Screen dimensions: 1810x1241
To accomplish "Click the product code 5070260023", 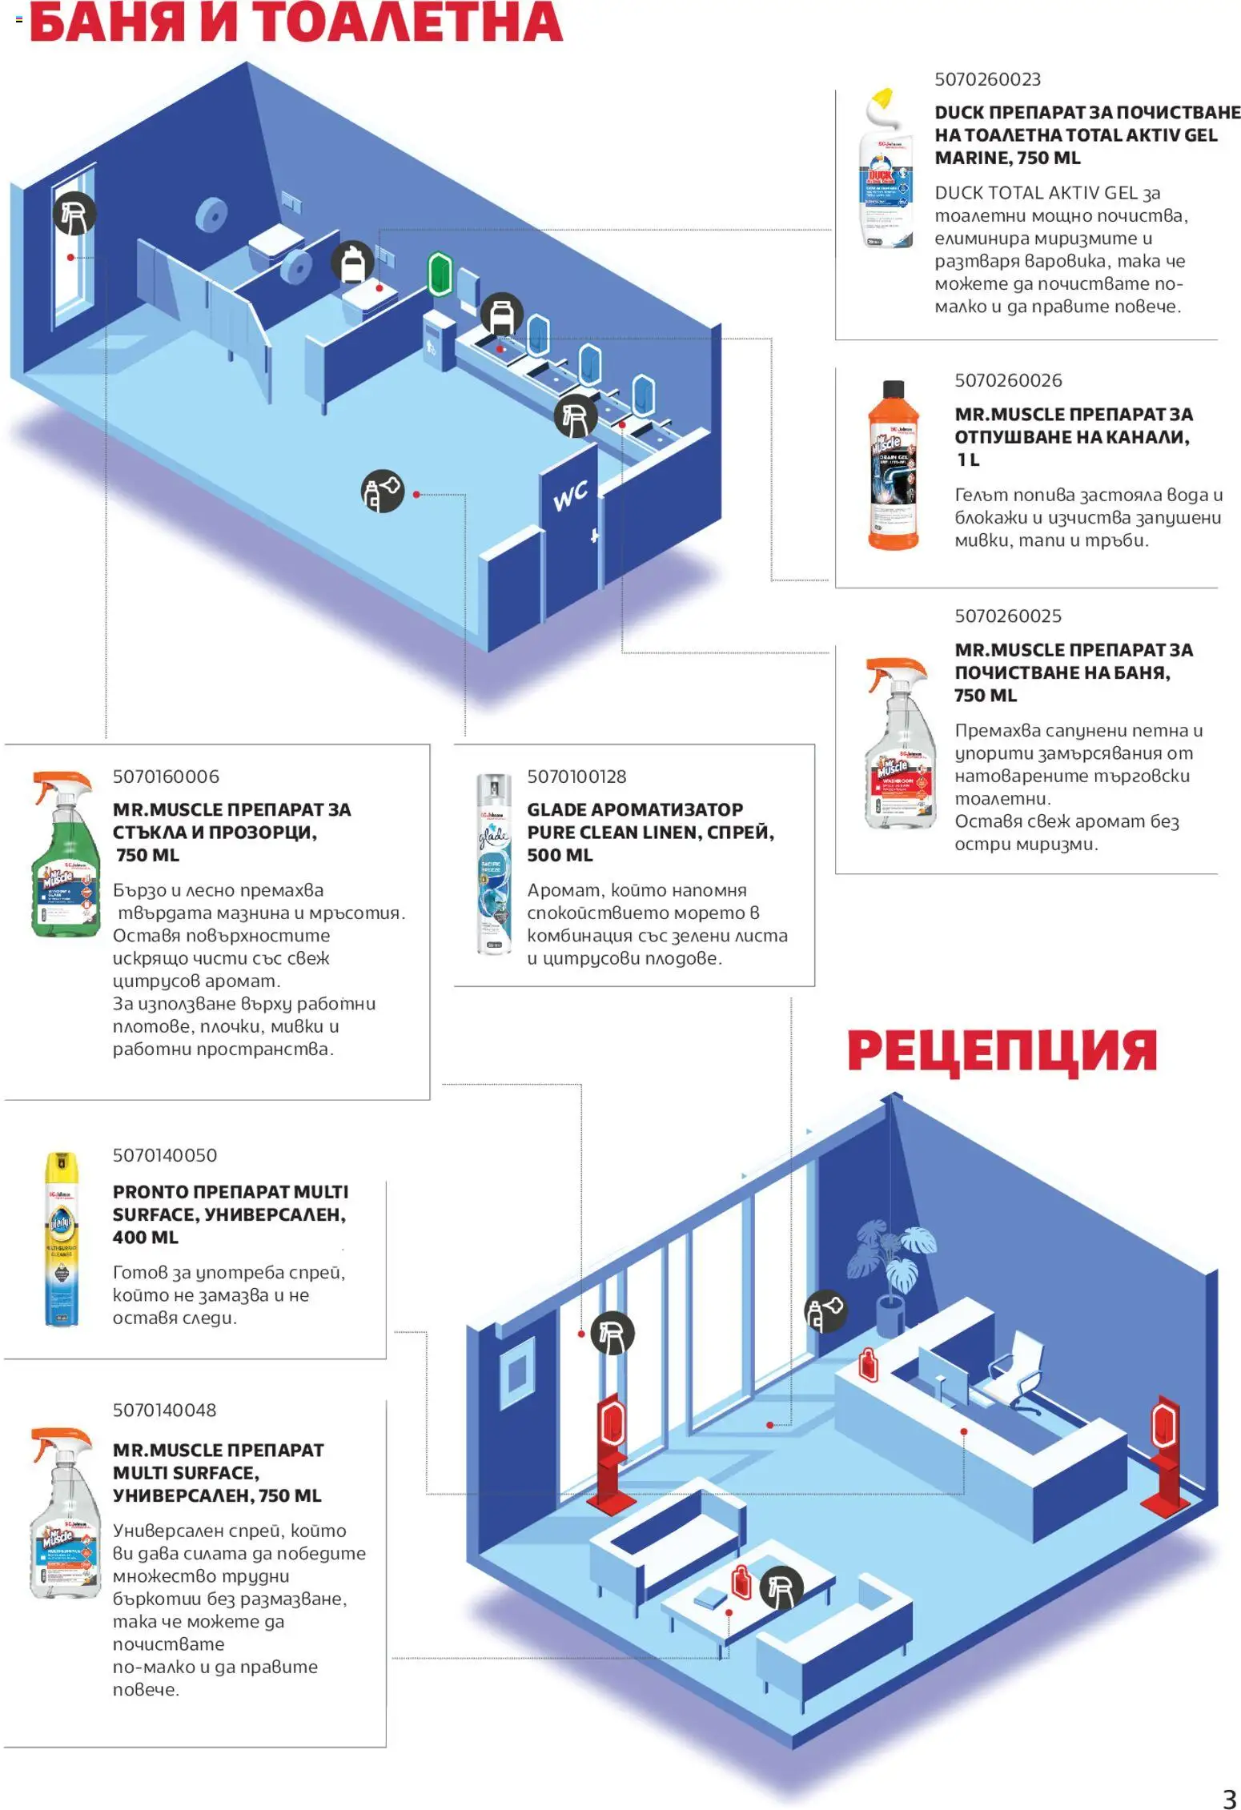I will click(987, 79).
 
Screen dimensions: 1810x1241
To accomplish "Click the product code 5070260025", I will click(1007, 616).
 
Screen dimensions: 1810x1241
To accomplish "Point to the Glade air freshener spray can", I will click(493, 864).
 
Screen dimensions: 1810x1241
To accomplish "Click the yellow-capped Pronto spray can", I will click(62, 1239).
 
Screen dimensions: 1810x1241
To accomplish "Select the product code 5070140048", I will click(164, 1410).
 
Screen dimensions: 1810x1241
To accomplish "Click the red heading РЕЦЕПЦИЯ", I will click(1002, 1050).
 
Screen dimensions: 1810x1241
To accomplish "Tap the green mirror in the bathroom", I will click(440, 273).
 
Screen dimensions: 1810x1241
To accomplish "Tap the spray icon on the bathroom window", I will click(74, 213).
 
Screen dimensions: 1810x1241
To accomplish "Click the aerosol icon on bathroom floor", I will click(382, 491).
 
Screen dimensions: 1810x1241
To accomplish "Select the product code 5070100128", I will click(576, 776).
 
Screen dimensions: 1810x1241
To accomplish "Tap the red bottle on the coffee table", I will click(741, 1582).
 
